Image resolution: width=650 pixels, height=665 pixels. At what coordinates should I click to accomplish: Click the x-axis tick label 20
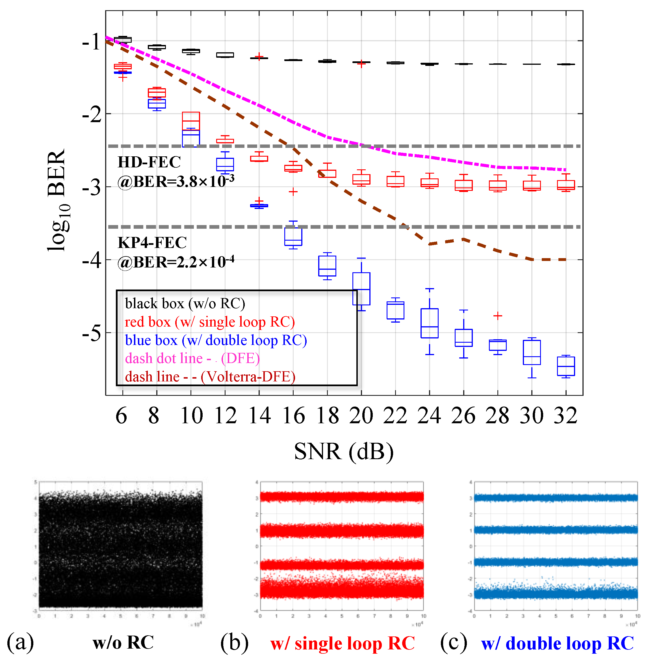coord(361,416)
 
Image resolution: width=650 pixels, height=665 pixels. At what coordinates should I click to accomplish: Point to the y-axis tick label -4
coord(92,260)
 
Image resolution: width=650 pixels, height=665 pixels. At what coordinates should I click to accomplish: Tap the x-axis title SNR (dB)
coord(344,451)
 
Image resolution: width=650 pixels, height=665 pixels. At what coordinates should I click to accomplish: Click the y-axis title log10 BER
coord(57,201)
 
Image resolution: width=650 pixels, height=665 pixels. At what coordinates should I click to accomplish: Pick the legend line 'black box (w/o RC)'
coord(185,303)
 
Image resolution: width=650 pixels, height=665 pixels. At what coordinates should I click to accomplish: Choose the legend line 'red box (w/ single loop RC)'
coord(210,322)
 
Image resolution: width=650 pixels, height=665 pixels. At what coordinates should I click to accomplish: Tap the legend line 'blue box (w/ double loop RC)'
coord(216,340)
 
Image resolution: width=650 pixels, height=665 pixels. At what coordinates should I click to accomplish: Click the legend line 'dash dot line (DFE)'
coord(192,358)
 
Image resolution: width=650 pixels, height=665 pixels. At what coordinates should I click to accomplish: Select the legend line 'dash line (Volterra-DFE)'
coord(210,377)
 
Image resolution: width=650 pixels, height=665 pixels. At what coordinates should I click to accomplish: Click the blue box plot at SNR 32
coord(566,366)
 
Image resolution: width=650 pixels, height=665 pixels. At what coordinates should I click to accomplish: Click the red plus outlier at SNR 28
coord(498,316)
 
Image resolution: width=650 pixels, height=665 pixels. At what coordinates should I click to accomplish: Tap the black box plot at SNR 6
coord(123,40)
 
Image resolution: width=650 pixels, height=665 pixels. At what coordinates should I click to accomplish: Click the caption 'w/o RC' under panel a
coord(123,642)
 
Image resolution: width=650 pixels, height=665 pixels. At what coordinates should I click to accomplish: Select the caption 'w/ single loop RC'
coord(343,643)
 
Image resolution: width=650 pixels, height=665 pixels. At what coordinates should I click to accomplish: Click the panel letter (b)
coord(234,642)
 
